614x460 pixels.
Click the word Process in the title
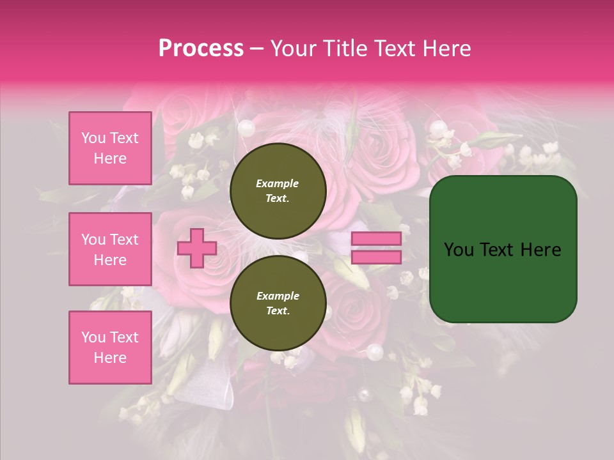tap(201, 49)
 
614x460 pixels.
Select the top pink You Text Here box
tap(110, 148)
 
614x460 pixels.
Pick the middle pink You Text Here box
tap(110, 249)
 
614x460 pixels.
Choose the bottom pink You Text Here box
tap(110, 348)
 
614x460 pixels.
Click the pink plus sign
tap(197, 248)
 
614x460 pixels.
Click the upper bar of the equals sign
tap(376, 238)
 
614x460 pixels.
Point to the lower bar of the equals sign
tap(376, 257)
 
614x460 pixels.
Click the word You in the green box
tap(459, 250)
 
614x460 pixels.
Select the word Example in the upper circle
tap(278, 183)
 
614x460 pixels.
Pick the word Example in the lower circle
tap(278, 296)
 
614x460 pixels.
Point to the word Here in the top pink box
tap(110, 158)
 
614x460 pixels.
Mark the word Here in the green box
tap(540, 250)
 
